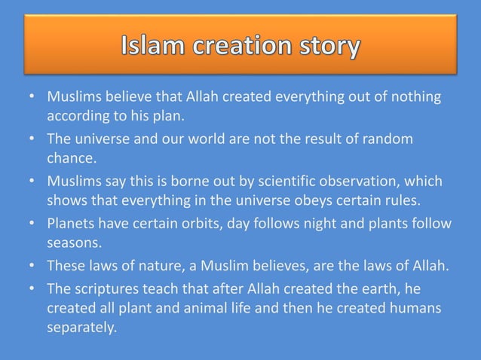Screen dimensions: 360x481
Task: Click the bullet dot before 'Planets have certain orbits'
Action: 33,224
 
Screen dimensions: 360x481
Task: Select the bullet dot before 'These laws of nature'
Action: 33,266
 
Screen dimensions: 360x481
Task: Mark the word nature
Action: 158,266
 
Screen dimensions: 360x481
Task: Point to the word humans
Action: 424,308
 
